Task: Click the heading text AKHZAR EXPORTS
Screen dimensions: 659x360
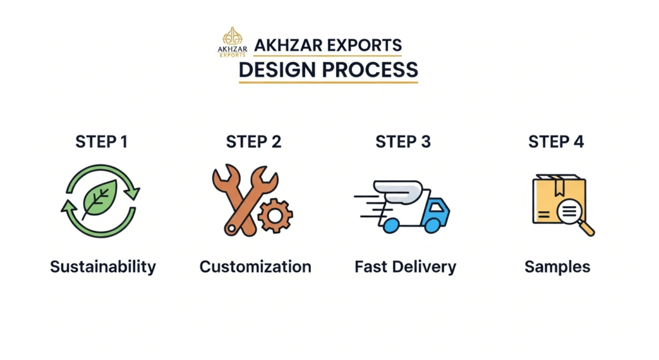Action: coord(328,46)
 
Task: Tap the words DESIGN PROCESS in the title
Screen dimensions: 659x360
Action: coord(328,70)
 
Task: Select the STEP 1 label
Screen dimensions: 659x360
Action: coord(101,142)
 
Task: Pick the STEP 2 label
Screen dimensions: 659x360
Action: coord(254,142)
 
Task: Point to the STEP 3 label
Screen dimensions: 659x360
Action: coord(403,142)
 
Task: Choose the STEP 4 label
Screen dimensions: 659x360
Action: coord(555,142)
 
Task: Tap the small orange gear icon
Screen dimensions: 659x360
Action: coord(275,216)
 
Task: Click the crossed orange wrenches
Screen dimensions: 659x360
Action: coord(245,199)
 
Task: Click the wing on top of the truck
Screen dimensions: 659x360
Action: coord(398,192)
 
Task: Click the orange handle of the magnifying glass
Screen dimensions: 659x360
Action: coord(587,229)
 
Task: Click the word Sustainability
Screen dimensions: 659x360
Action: coord(103,267)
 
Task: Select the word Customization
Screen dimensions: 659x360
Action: coord(255,267)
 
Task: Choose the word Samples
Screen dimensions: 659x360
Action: coord(557,267)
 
